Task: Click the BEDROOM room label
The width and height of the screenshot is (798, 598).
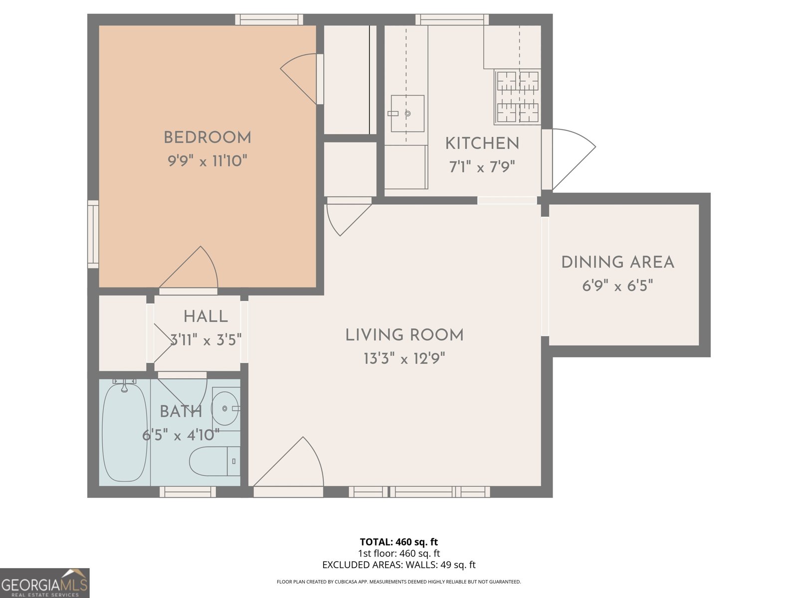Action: click(207, 138)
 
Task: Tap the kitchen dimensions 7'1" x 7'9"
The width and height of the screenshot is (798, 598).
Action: click(482, 167)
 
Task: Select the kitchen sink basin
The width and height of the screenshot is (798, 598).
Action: click(407, 114)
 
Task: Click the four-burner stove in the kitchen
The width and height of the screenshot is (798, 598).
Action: click(518, 97)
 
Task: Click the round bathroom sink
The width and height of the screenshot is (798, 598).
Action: click(225, 409)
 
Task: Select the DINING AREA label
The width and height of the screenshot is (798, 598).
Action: click(617, 263)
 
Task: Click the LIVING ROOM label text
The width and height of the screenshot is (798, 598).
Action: click(404, 335)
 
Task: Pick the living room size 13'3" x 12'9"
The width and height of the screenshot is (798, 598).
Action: click(404, 358)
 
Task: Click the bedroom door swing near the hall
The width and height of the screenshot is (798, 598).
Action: click(192, 269)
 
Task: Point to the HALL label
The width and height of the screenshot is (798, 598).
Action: click(205, 316)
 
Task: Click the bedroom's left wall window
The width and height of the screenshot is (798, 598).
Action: click(93, 234)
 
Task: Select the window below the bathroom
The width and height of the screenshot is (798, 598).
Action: click(188, 492)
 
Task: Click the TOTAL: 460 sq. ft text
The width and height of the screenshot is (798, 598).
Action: click(399, 542)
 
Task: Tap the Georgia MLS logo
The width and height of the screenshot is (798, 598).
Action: click(44, 583)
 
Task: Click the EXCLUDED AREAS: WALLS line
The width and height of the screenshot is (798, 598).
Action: click(399, 565)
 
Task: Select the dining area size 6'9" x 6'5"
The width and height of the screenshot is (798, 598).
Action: click(617, 286)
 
